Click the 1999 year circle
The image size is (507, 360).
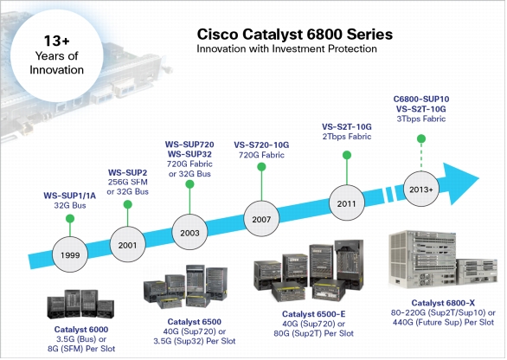tap(70, 254)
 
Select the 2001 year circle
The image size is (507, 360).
tap(127, 245)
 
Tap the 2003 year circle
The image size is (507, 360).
tap(189, 232)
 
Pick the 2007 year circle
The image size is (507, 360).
tap(261, 219)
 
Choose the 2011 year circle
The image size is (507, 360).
tap(347, 203)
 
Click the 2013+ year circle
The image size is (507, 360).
tap(421, 189)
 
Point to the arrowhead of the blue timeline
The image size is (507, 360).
tap(462, 183)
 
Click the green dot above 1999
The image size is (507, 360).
tap(70, 219)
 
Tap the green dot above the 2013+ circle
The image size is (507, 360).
tap(421, 138)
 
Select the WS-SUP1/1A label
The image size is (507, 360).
tap(70, 196)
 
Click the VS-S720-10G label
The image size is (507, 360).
tap(261, 145)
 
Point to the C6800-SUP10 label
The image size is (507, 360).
tap(421, 99)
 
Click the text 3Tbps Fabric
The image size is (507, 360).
tap(421, 119)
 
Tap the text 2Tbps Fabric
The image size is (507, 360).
tap(347, 136)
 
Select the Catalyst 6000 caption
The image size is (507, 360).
tap(81, 329)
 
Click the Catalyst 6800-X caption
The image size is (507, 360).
tap(443, 303)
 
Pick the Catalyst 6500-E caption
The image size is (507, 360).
tap(314, 314)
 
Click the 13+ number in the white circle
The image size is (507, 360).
tap(56, 41)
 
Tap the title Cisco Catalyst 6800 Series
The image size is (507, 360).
tap(294, 35)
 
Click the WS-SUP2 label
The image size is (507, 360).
tap(127, 172)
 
